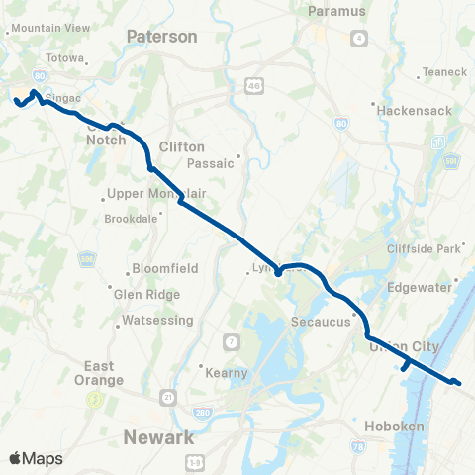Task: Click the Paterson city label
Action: (x=162, y=36)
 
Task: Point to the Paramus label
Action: (x=336, y=11)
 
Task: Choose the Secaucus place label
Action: (x=323, y=322)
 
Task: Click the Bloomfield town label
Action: (x=164, y=268)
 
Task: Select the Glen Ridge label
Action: (x=147, y=294)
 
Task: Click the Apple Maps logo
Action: (x=36, y=458)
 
